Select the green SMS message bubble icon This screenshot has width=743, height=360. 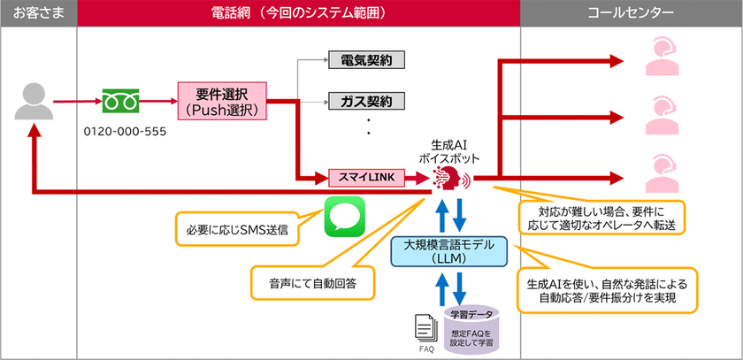(x=344, y=216)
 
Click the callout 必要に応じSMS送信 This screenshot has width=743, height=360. (x=237, y=229)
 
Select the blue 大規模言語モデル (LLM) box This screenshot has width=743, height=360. (x=450, y=252)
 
